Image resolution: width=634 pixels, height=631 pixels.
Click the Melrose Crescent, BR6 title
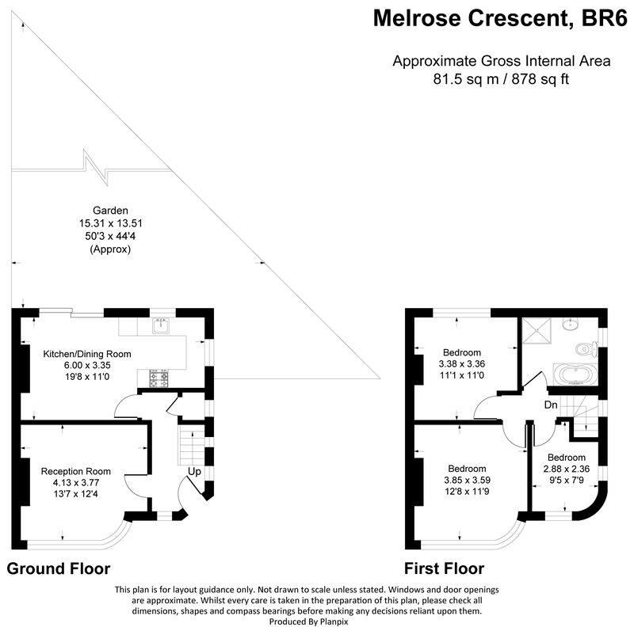tap(500, 18)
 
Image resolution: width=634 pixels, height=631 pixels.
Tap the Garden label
tap(110, 211)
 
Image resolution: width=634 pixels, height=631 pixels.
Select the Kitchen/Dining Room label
tap(87, 354)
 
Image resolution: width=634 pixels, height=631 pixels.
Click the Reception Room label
tap(76, 471)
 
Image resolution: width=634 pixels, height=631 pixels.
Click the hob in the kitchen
tap(159, 378)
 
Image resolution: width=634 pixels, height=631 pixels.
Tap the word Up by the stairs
tap(194, 472)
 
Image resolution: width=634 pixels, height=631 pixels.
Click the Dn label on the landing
tap(551, 405)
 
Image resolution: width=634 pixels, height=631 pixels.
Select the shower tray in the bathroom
tap(537, 330)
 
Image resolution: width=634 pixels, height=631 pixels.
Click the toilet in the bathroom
tap(586, 349)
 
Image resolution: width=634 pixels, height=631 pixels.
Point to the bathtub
tap(575, 374)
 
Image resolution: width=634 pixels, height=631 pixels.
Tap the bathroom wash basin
tap(571, 323)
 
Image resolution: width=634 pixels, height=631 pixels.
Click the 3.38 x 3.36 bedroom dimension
tap(462, 364)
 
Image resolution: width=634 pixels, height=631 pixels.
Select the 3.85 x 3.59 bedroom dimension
tap(468, 481)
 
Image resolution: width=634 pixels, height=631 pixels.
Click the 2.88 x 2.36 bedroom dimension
tap(567, 469)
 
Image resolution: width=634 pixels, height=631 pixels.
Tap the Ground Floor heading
tap(59, 568)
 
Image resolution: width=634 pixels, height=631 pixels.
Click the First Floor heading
tap(445, 568)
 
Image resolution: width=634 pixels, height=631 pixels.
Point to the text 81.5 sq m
tap(466, 79)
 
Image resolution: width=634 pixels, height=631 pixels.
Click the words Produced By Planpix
tap(308, 621)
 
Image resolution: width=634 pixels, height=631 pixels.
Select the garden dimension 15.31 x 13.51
tap(111, 223)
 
